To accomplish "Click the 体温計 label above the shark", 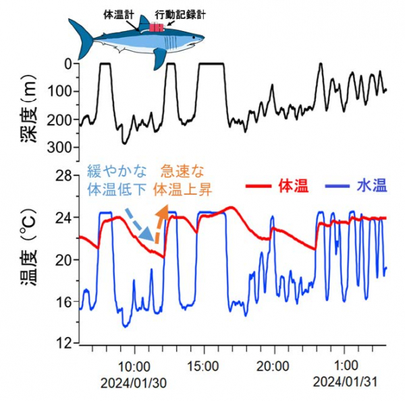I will click(x=117, y=13).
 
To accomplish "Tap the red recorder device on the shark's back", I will click(x=157, y=28).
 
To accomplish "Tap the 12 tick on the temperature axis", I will click(x=63, y=344).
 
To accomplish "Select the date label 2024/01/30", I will click(x=132, y=382).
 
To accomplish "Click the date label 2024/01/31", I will click(x=345, y=382).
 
